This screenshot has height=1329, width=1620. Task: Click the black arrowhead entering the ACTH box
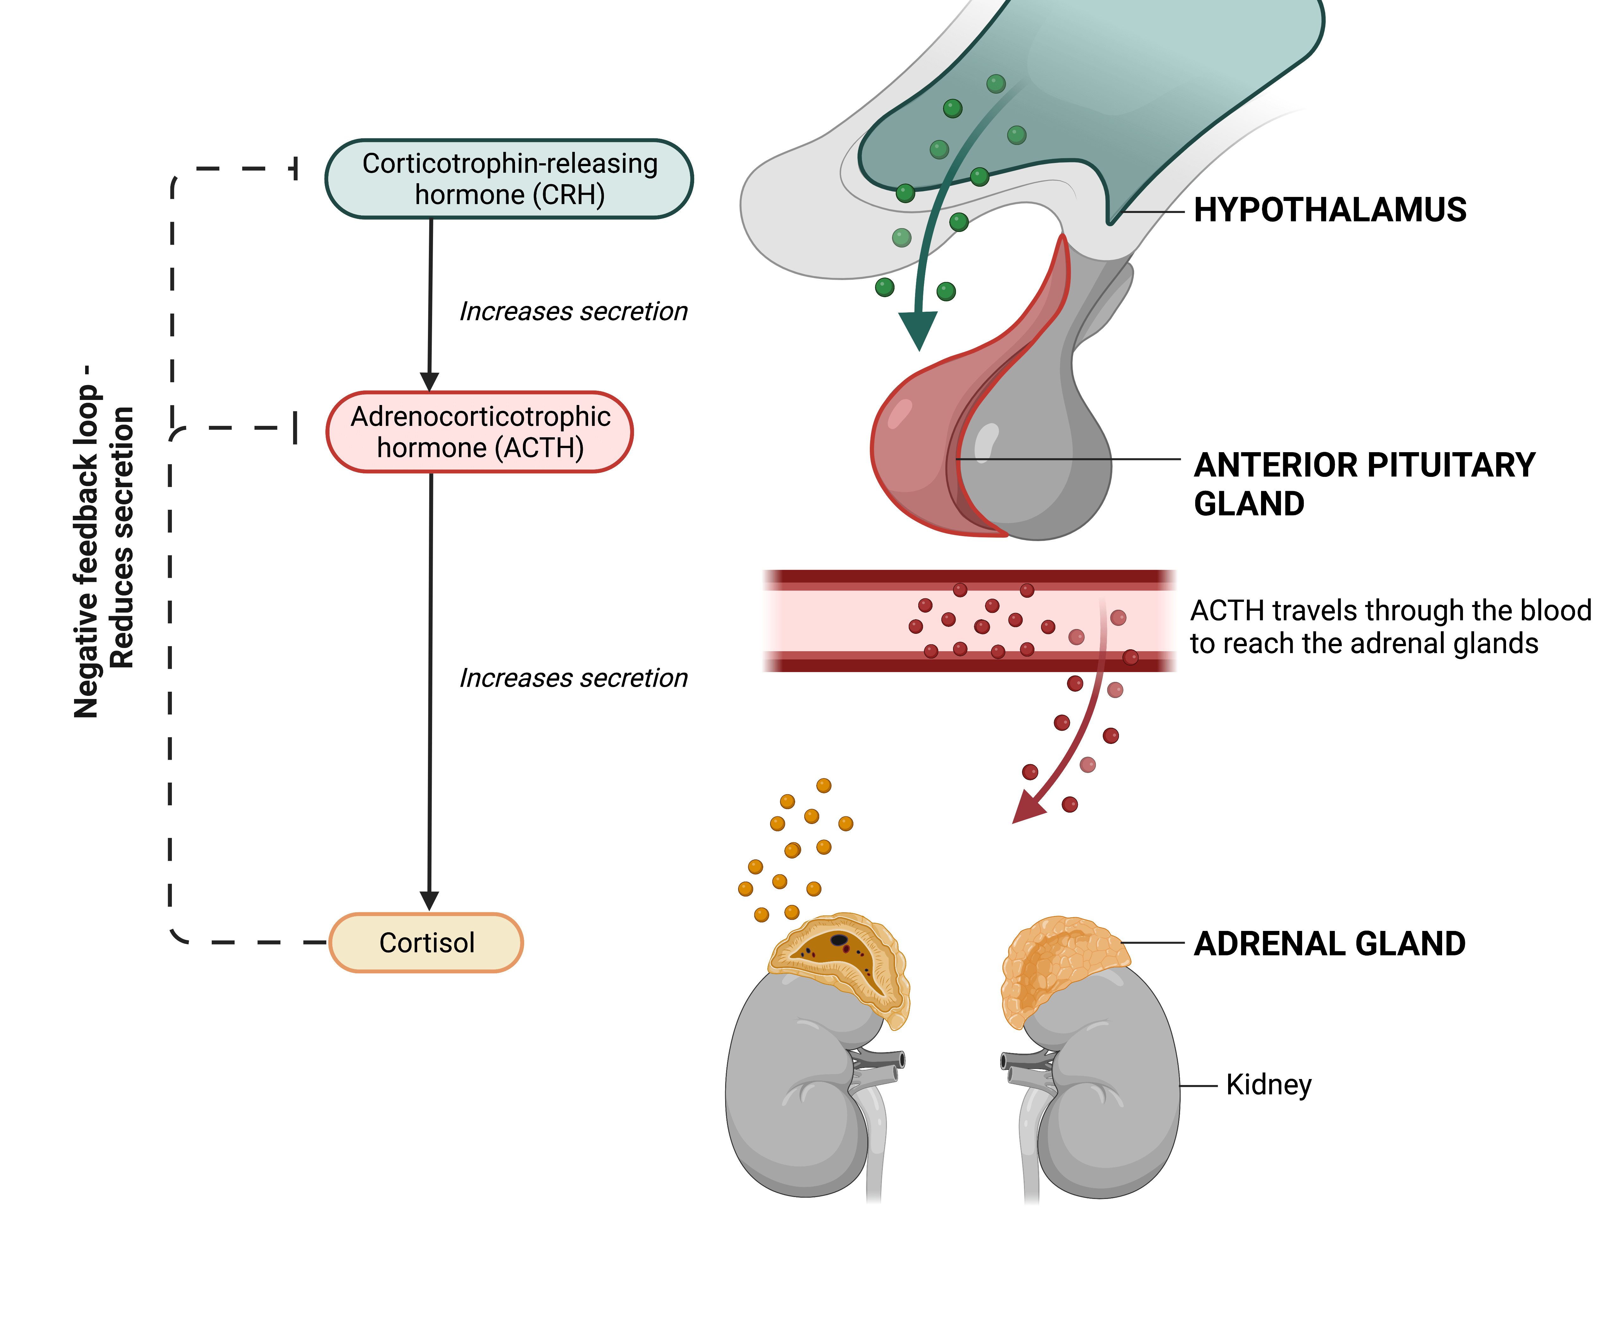point(430,381)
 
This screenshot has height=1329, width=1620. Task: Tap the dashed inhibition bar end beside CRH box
point(296,168)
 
